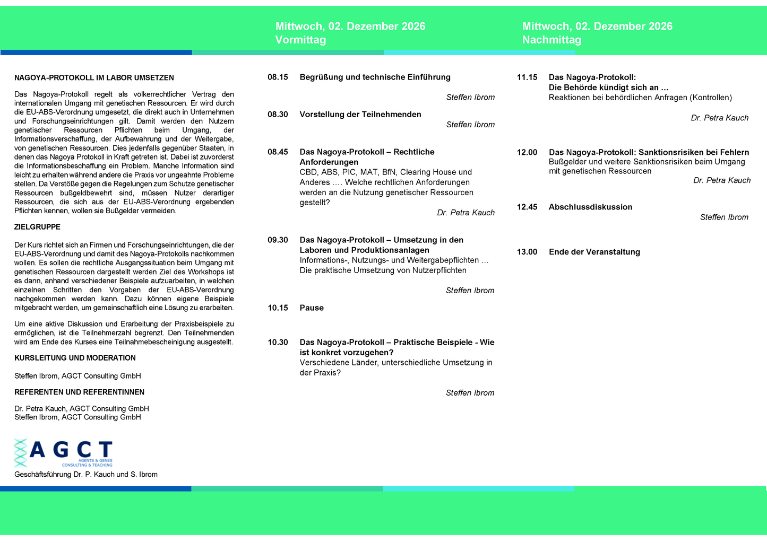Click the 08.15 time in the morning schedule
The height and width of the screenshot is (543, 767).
278,77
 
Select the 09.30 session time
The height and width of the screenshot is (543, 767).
278,240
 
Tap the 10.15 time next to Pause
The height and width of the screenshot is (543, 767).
278,308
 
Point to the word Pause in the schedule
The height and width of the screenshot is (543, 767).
312,308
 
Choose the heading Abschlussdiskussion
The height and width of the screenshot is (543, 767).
590,207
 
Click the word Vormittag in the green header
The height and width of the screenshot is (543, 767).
300,40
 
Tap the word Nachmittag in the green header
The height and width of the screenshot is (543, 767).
551,40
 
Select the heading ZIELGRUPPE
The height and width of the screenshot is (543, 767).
38,227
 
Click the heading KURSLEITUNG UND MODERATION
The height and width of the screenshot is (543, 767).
75,358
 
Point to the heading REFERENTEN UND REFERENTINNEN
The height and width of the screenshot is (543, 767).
79,392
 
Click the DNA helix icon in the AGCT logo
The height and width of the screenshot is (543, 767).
20,453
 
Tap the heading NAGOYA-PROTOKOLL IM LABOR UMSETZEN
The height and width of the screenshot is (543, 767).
94,78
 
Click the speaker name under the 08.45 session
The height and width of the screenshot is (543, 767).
466,213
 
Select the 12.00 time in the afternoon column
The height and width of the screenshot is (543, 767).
527,153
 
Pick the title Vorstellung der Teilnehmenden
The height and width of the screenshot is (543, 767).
360,115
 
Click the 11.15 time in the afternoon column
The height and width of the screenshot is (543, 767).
527,77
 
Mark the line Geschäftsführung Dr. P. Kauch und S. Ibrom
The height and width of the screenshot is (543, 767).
86,475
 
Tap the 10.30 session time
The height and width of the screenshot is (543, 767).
278,343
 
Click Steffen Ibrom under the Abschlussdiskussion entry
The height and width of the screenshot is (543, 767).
724,217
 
